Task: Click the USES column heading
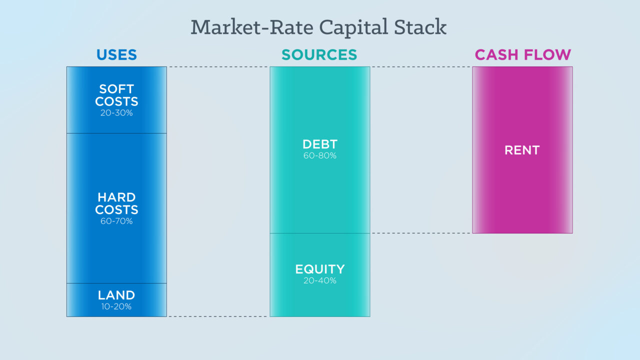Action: coord(116,55)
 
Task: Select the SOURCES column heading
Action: coord(319,55)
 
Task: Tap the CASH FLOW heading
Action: coord(523,55)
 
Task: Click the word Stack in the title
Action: coord(420,27)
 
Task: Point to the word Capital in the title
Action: coord(353,28)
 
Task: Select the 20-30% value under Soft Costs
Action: coord(116,113)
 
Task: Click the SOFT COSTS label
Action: coord(116,95)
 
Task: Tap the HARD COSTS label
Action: coord(116,203)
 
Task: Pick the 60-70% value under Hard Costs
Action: coord(116,221)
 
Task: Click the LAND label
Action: coord(116,295)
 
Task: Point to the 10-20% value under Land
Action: coord(116,306)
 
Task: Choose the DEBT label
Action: coord(320,144)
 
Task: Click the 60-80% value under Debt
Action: coord(320,155)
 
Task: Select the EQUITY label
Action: coord(320,269)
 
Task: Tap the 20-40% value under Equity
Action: coord(320,280)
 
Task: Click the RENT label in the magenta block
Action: coord(522,150)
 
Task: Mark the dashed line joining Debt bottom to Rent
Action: coord(421,233)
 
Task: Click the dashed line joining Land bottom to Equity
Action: coord(218,316)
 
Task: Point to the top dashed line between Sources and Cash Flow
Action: coord(421,67)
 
